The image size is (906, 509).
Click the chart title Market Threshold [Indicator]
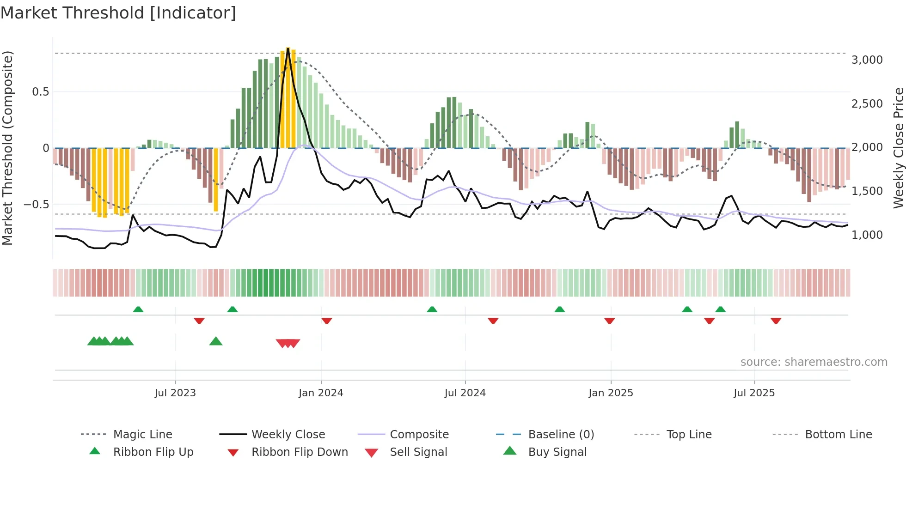click(118, 13)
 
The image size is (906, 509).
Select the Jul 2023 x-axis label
click(175, 393)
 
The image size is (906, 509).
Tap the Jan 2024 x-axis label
click(321, 393)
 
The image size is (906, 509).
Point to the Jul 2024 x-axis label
click(465, 393)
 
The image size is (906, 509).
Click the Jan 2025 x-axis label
click(611, 393)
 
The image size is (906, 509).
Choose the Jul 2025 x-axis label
click(754, 393)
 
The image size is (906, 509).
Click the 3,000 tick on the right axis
click(867, 60)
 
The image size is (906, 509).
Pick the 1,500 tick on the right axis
click(867, 191)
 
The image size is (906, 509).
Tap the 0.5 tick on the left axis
click(41, 92)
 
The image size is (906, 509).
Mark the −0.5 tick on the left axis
click(37, 205)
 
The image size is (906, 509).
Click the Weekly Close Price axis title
click(898, 148)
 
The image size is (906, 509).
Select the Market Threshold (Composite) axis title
click(7, 148)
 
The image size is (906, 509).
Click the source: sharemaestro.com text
click(814, 362)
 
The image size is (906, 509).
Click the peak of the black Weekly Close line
click(288, 48)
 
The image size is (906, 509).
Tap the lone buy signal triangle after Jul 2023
click(216, 342)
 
